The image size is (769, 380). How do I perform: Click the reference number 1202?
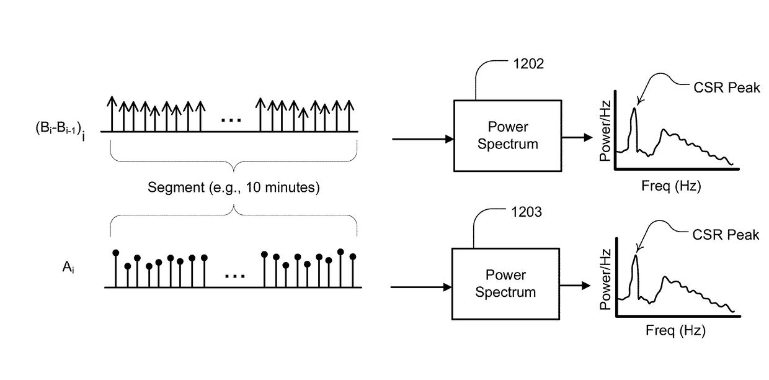(528, 64)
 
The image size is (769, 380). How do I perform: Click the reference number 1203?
(527, 212)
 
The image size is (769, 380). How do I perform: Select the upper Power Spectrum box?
(508, 136)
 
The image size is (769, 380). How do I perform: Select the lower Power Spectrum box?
(505, 284)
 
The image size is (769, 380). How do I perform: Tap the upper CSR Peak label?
(726, 88)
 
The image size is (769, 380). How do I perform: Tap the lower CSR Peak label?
(726, 235)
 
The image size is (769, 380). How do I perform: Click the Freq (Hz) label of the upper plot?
(671, 186)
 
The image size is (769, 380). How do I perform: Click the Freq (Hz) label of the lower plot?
(675, 330)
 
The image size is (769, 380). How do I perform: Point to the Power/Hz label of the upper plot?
(605, 131)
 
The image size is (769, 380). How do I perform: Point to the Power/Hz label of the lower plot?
(605, 279)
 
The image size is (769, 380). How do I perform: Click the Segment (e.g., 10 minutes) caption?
(233, 188)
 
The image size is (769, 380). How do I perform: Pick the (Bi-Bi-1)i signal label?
(60, 130)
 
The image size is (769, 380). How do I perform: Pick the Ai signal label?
(68, 267)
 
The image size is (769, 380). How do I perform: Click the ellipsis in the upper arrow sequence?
(231, 120)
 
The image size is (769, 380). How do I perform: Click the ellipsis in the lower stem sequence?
(235, 276)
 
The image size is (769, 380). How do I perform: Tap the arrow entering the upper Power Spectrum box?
(423, 139)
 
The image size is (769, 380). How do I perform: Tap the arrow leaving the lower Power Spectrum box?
(575, 286)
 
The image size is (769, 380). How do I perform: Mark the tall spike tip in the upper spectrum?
(634, 108)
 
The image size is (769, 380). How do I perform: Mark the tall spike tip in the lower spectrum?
(636, 255)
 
